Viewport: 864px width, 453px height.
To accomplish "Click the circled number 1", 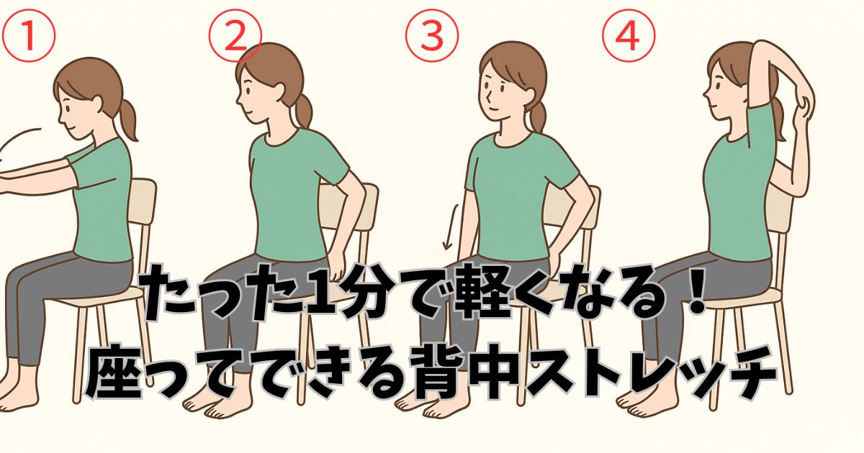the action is [x=29, y=35].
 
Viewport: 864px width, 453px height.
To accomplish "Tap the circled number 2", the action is [x=235, y=35].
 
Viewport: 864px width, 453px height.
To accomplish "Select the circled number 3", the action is [x=432, y=35].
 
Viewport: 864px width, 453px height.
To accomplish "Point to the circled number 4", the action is [x=629, y=35].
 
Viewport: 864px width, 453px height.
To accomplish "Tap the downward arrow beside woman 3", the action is [x=451, y=227].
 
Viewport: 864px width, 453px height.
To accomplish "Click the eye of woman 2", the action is [x=248, y=90].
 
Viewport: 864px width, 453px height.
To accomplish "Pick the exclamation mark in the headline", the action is [x=695, y=293].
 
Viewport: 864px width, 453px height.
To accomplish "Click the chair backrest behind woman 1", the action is [x=142, y=201].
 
